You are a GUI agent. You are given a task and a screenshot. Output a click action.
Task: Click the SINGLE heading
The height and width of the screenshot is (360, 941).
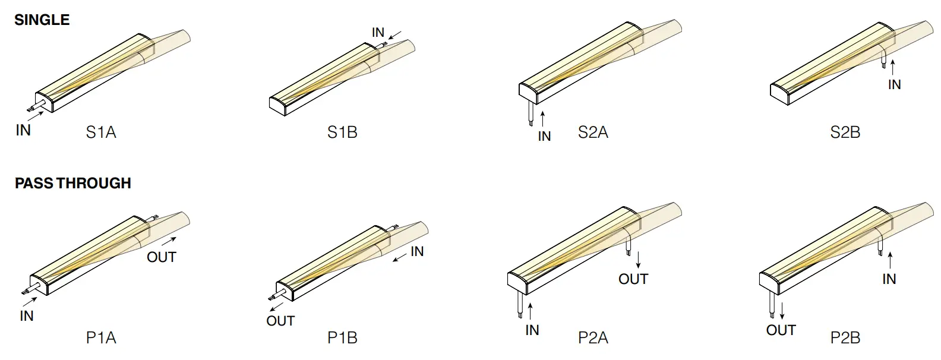coord(42,20)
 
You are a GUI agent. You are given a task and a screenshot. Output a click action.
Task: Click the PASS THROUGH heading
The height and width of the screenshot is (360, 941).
coord(72,183)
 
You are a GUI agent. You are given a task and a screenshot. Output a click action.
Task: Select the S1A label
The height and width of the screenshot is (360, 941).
coord(101,132)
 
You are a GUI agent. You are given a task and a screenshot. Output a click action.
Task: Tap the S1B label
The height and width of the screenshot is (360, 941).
coord(342,132)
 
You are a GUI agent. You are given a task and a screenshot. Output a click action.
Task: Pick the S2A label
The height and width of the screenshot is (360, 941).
coord(593,132)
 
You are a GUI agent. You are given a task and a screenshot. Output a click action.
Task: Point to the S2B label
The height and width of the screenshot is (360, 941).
coord(845,132)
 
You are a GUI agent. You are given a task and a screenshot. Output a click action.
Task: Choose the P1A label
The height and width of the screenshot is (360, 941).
coord(101,338)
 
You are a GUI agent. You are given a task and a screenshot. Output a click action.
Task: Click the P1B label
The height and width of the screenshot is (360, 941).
coord(342,338)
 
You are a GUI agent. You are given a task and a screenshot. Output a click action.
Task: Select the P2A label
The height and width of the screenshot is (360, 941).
coord(593,338)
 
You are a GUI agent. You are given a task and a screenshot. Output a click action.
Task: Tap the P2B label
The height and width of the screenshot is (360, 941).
coord(845,338)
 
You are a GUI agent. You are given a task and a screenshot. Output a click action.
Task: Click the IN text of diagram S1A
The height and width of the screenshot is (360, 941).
coord(23,130)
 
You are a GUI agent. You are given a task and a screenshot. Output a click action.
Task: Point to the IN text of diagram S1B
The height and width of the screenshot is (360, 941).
coord(378,33)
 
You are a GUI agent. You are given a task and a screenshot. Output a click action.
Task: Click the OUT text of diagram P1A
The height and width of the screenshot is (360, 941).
coord(162,257)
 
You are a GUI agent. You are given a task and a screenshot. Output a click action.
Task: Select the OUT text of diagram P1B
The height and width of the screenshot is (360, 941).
coord(280,321)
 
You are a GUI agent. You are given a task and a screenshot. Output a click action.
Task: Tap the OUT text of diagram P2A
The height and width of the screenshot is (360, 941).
coord(633,279)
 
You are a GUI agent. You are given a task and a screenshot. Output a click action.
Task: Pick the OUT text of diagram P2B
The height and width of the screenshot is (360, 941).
coord(781,330)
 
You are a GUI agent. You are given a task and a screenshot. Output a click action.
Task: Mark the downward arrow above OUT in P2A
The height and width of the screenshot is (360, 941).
coord(638,260)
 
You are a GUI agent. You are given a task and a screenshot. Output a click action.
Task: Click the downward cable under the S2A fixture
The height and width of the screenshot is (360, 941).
coord(530,112)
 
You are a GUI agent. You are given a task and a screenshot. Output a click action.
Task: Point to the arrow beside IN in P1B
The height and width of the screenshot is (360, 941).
coord(399,257)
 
